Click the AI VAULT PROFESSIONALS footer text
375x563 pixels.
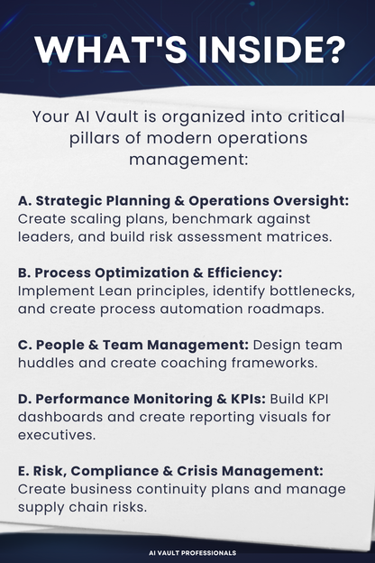(187, 552)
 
